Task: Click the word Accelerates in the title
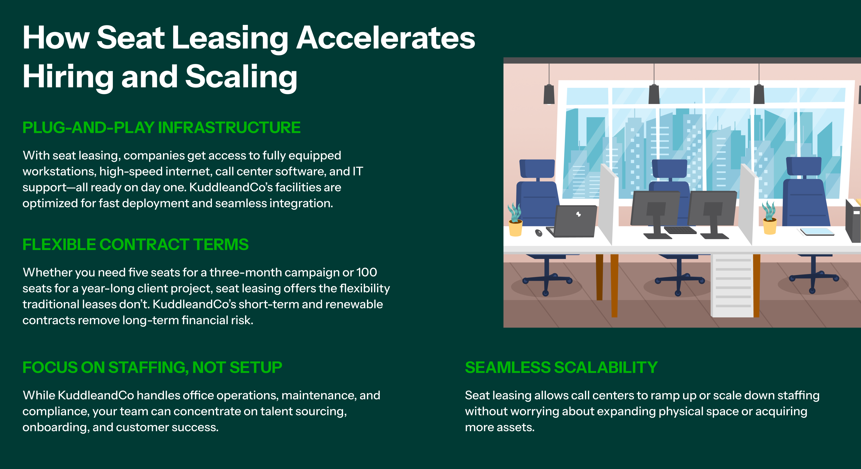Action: pos(386,38)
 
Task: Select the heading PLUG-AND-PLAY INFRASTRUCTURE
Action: pos(161,128)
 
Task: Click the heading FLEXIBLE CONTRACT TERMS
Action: pos(135,244)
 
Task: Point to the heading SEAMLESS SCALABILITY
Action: pos(561,367)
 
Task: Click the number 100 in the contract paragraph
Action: pos(367,272)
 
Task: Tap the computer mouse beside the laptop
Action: pos(538,233)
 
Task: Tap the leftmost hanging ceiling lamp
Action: pos(549,94)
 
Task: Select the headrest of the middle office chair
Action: pos(669,169)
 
